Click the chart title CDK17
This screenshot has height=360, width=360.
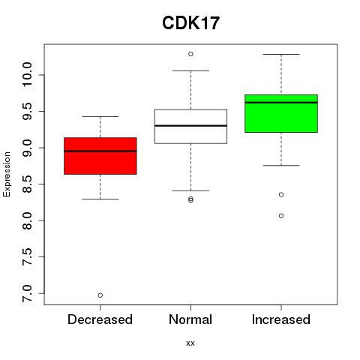tap(190, 23)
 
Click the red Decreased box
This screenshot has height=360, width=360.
tap(100, 156)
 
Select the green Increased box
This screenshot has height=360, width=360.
tap(281, 113)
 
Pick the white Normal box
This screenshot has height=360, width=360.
tap(190, 127)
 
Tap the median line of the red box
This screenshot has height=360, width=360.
tap(100, 151)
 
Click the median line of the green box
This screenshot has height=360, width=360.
tap(281, 103)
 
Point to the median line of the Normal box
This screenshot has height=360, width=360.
tap(190, 125)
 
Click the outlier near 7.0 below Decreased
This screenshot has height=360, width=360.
tap(100, 295)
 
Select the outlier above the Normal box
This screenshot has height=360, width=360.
tap(190, 54)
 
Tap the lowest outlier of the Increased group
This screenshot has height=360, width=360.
tap(281, 216)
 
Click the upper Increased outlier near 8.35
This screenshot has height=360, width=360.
tap(281, 194)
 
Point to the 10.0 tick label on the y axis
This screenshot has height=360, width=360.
tap(27, 74)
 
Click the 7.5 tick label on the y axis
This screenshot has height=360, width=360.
tap(27, 256)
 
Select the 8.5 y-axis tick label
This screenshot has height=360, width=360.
tap(27, 184)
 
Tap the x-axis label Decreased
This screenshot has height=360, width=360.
tap(100, 319)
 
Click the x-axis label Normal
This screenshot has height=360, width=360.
tap(190, 319)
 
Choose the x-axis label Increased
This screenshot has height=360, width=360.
tap(281, 319)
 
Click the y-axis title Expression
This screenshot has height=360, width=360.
tap(7, 174)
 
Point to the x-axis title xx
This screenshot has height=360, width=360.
tap(190, 343)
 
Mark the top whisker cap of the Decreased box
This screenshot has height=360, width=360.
tap(100, 116)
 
